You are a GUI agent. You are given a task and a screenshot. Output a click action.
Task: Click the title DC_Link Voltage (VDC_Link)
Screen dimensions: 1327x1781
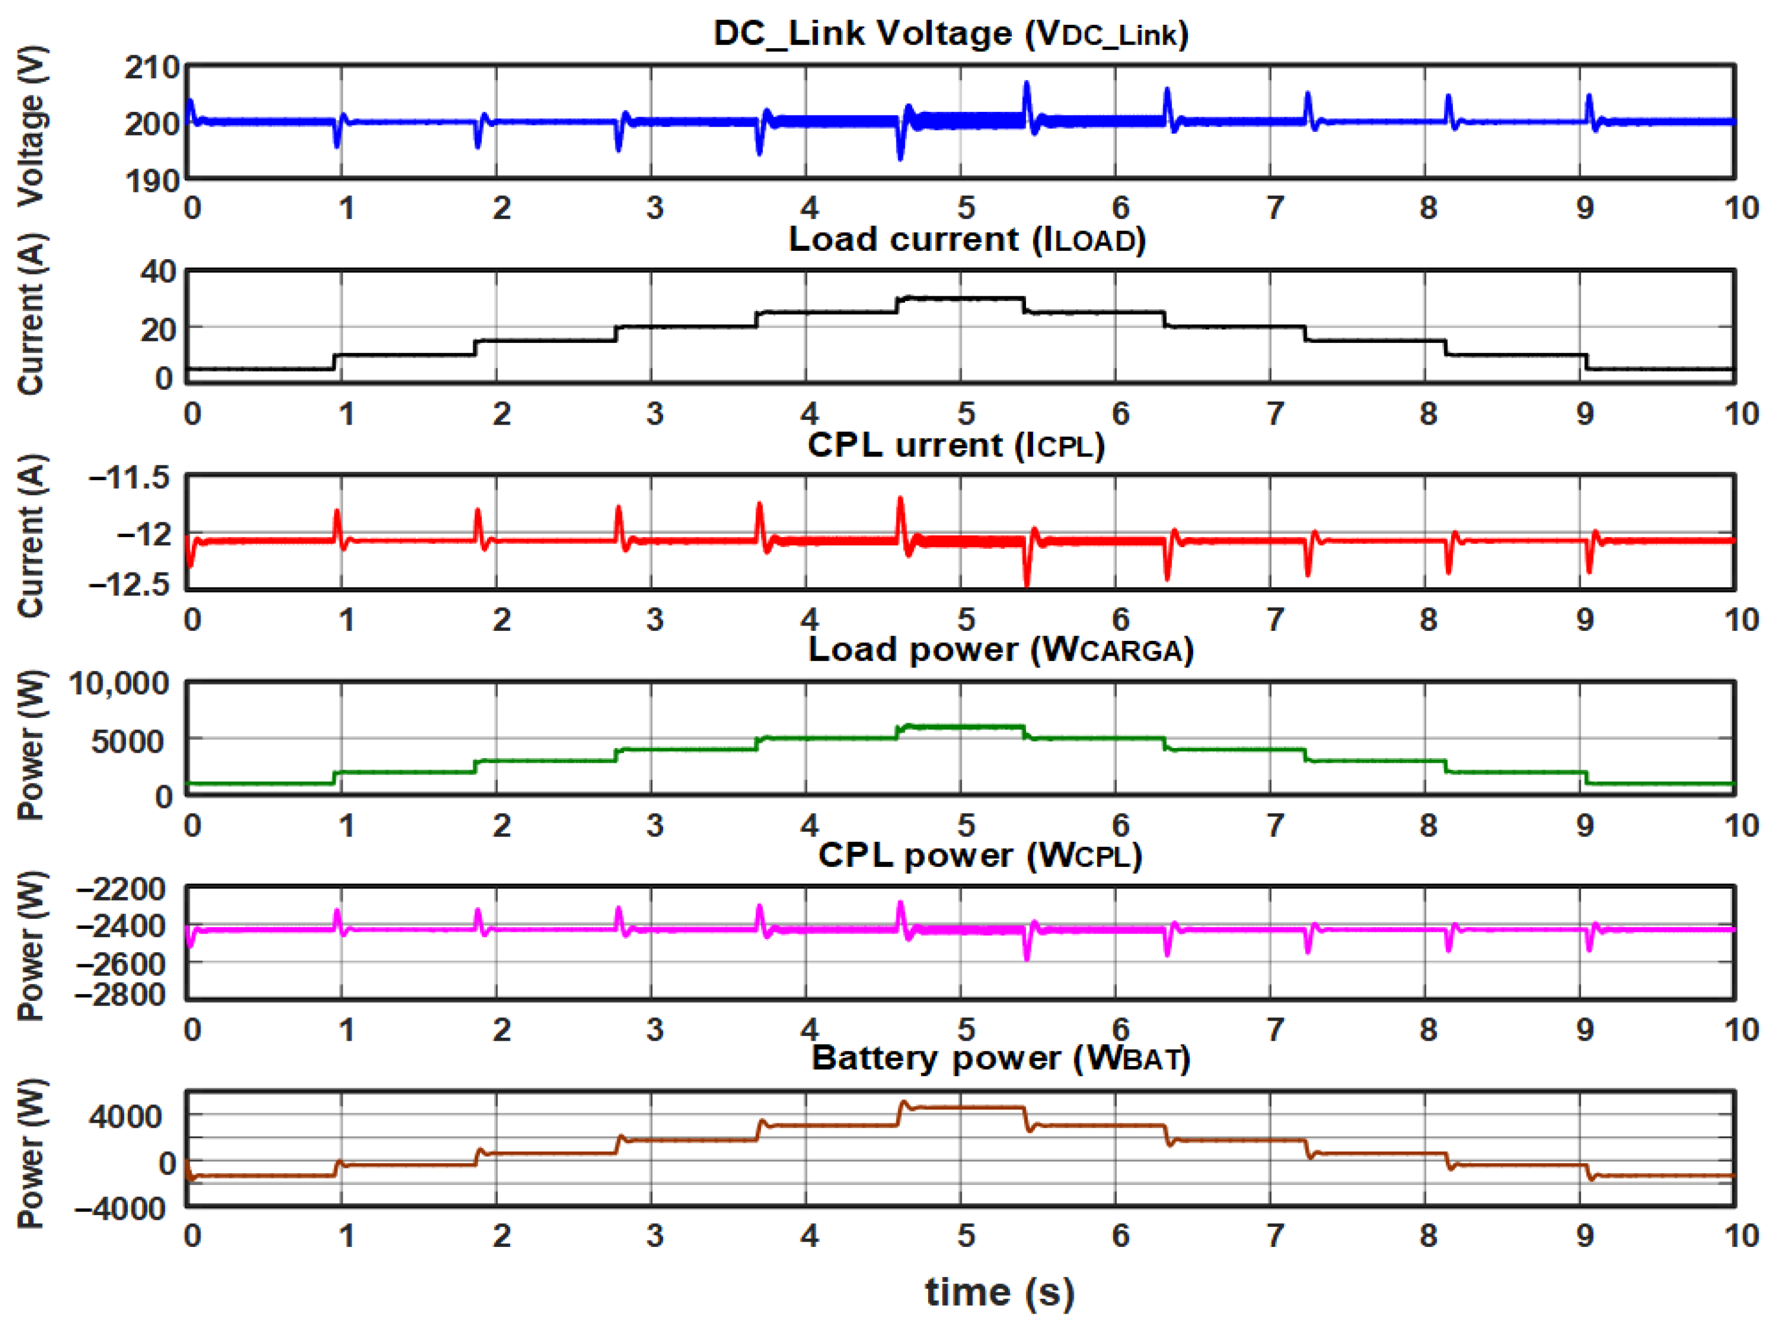coord(951,34)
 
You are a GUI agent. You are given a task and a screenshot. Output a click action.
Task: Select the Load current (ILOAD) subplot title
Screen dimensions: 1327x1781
coord(967,239)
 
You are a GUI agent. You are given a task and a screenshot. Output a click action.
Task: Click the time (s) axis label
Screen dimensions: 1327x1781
coord(999,1292)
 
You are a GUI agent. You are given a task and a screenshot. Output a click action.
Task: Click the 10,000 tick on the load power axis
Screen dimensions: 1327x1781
coord(119,684)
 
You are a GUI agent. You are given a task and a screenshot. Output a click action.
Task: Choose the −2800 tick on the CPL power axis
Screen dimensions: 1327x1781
coord(121,994)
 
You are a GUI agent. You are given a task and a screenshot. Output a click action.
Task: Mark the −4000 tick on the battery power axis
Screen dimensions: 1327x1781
coord(121,1208)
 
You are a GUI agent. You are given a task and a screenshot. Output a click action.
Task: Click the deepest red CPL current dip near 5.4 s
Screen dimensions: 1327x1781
coord(1026,583)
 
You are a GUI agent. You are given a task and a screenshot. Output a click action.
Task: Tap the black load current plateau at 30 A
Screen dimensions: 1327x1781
coord(964,299)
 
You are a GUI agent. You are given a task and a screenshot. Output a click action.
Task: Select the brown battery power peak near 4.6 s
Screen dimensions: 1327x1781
coord(902,1103)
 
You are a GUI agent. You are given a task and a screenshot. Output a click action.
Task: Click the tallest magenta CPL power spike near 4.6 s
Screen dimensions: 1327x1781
coord(900,904)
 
